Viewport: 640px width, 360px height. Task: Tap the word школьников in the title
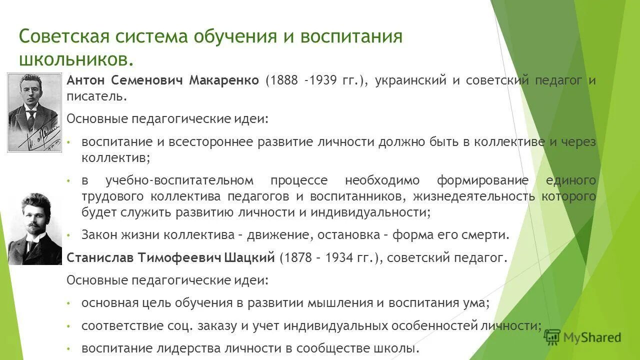75,58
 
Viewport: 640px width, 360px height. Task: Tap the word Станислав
99,257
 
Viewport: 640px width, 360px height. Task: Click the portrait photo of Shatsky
34,227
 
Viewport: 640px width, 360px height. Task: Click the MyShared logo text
592,338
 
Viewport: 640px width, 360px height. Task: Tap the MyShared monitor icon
552,338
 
